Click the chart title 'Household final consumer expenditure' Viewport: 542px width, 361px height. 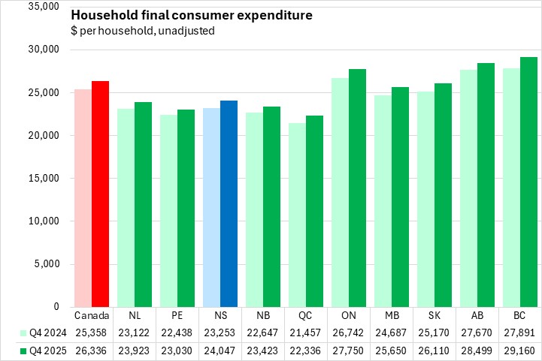click(192, 16)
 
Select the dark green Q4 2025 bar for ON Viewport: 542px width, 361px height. click(358, 188)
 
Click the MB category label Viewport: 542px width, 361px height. click(392, 316)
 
